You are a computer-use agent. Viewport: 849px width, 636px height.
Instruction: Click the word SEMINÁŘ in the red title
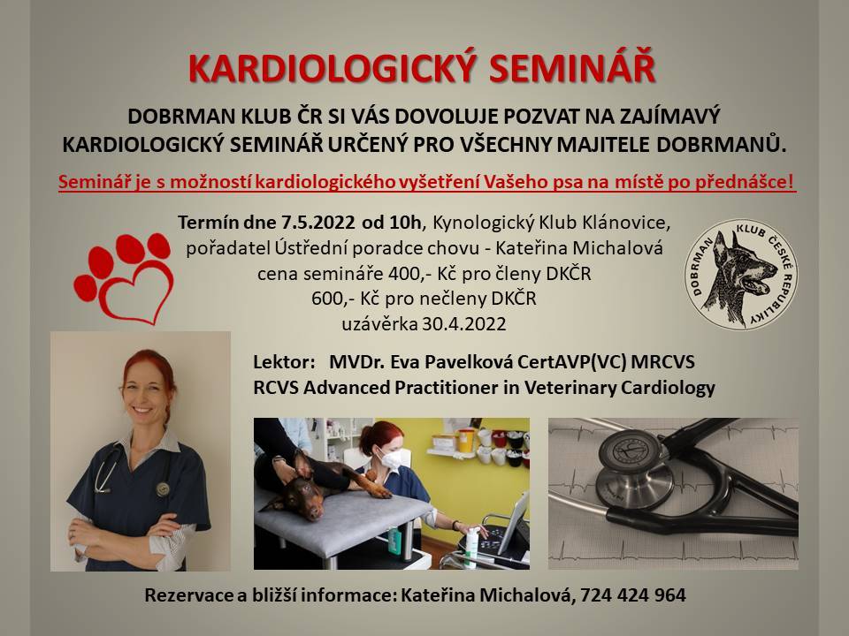tap(572, 68)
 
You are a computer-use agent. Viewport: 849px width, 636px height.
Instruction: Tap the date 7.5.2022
tap(317, 223)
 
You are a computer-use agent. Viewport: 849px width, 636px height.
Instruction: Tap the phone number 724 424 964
tap(633, 595)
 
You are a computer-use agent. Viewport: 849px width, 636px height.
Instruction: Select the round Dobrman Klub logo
tap(740, 274)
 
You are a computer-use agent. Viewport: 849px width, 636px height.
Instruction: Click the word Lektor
tap(284, 362)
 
